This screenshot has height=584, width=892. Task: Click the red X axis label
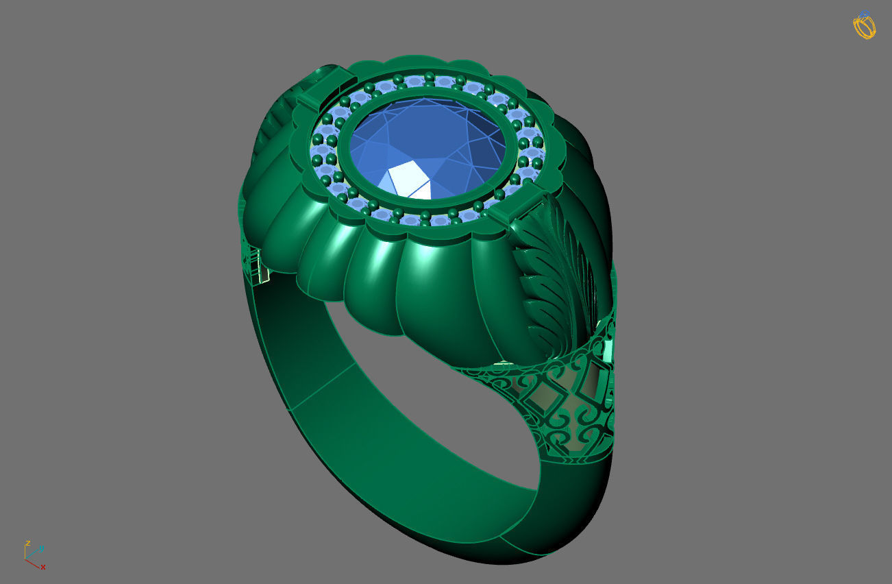tap(43, 567)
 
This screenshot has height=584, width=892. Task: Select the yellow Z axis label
tap(27, 543)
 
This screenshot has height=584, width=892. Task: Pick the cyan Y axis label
tap(41, 548)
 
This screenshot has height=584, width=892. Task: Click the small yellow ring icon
tap(865, 25)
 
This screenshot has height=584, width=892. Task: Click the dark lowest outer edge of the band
tap(480, 555)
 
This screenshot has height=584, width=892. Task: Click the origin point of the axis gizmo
tap(26, 559)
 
